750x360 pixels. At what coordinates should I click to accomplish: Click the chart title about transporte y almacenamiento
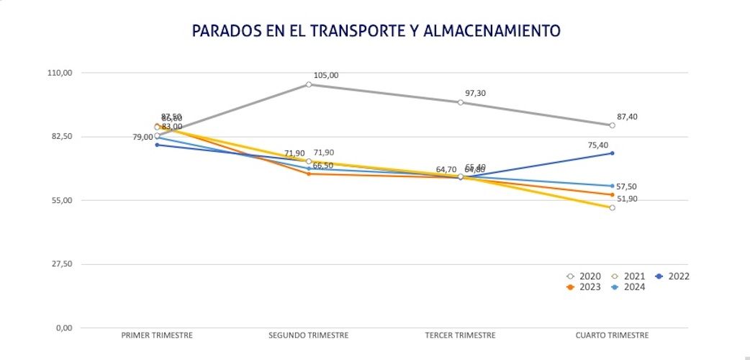click(x=376, y=30)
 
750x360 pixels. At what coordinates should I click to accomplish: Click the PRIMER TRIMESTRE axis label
click(x=157, y=336)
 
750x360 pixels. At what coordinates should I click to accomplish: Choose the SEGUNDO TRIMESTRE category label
click(x=309, y=336)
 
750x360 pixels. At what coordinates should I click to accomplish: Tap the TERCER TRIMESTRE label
click(x=461, y=336)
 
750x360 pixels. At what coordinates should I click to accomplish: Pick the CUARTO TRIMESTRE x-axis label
click(x=613, y=336)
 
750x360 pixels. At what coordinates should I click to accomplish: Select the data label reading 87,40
click(x=628, y=117)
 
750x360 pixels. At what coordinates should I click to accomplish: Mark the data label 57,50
click(x=626, y=186)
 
